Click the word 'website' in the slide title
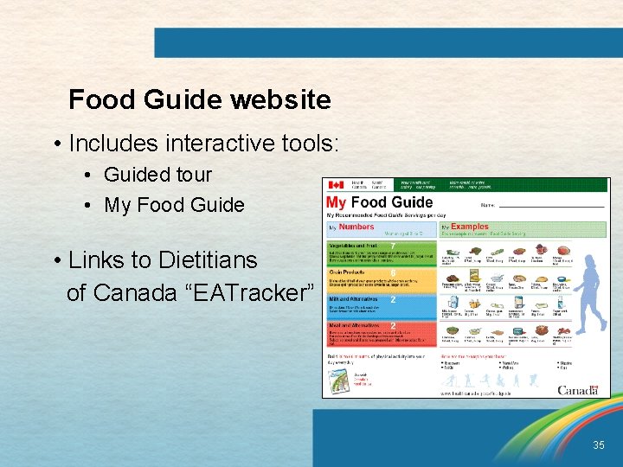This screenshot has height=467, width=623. [x=280, y=100]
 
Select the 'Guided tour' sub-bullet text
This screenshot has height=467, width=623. [x=157, y=175]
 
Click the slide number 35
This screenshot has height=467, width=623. [x=599, y=445]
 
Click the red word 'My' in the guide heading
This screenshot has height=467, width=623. [x=336, y=203]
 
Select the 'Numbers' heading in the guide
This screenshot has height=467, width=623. [x=356, y=227]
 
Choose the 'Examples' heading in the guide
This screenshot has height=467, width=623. [x=469, y=227]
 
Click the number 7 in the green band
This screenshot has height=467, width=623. [x=393, y=246]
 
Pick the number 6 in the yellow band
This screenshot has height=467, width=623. [x=393, y=272]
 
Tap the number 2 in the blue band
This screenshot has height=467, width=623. [x=393, y=300]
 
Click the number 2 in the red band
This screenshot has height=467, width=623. [x=393, y=326]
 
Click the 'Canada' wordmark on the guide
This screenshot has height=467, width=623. [x=577, y=390]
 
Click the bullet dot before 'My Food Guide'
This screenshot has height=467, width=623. [x=90, y=206]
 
